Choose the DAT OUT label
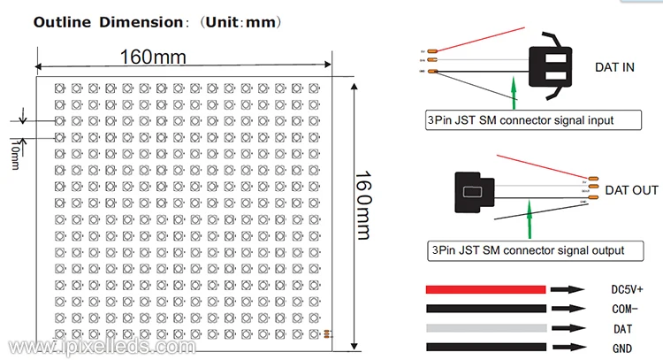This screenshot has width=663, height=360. point(629,190)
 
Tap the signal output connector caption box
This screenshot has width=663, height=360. point(527,250)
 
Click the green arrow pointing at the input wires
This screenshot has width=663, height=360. point(513,92)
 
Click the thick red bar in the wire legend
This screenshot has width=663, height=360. point(485,289)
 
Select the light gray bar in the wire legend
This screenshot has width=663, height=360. point(485,328)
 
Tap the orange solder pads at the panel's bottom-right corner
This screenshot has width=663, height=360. point(327,333)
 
